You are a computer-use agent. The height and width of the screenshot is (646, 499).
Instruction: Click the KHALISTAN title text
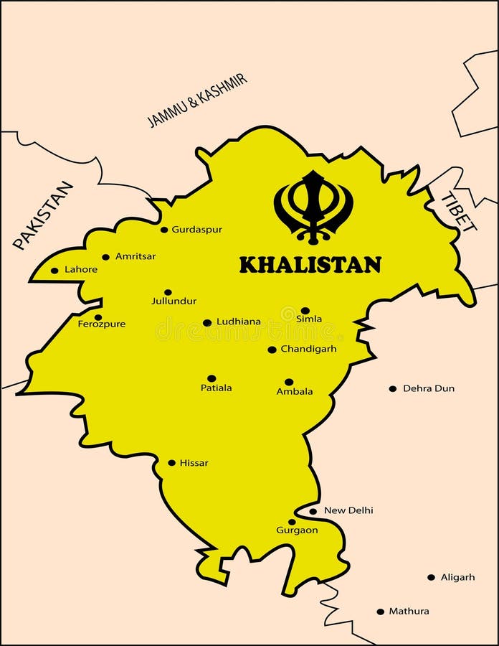(310, 265)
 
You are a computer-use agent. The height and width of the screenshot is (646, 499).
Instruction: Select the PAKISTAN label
(43, 215)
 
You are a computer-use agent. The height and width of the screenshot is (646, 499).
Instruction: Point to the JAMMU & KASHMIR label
(197, 100)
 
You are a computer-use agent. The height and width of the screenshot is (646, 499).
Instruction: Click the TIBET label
(458, 212)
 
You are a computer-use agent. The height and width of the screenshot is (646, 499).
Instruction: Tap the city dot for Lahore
(54, 271)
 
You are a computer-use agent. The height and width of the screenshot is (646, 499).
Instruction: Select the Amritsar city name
(136, 256)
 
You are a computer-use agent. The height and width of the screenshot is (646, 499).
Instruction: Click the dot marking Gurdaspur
(164, 230)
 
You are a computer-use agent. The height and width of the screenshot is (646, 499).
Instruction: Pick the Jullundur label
(174, 301)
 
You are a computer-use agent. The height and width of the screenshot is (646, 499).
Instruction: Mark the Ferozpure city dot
(98, 317)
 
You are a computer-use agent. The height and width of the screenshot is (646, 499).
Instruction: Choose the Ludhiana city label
(239, 322)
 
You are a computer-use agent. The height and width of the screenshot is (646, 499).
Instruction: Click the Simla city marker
(305, 311)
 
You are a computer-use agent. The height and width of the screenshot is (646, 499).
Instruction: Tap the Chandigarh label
(308, 349)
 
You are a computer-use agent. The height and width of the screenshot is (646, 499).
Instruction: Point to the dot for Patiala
(212, 378)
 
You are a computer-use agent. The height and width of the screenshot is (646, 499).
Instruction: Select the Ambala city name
(295, 392)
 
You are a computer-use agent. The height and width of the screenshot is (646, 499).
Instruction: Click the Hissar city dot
(171, 463)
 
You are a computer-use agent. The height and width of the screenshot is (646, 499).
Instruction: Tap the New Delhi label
(348, 510)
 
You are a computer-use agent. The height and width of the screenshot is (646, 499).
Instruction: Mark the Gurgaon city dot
(292, 522)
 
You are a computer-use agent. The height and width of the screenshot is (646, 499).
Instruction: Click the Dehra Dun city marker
(392, 388)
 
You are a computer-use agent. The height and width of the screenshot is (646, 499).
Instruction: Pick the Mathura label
(409, 612)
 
